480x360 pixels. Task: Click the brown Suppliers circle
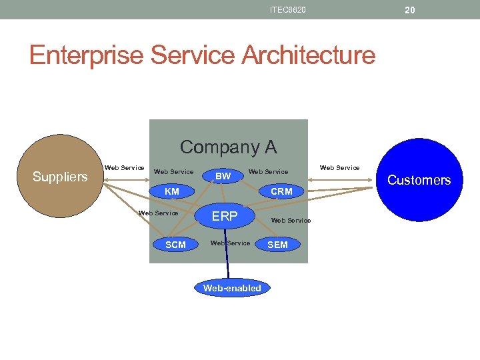tap(59, 176)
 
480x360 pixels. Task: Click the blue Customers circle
tap(419, 180)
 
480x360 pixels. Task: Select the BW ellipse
tap(223, 176)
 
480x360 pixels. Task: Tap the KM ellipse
tap(172, 191)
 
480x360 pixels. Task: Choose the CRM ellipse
tap(281, 191)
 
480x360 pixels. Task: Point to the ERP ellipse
tap(225, 216)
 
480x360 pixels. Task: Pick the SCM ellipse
tap(175, 245)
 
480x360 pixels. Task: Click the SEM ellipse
tap(277, 245)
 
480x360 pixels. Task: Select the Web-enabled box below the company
tap(232, 288)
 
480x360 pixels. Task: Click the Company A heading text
tap(228, 147)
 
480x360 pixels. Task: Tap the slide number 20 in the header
tap(409, 9)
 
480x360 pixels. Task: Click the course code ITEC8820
tap(288, 9)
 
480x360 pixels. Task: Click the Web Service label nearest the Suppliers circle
tap(125, 167)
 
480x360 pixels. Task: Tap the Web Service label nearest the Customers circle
tap(339, 167)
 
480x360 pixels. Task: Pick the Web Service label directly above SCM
tap(158, 213)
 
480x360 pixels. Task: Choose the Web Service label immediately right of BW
tap(268, 171)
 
